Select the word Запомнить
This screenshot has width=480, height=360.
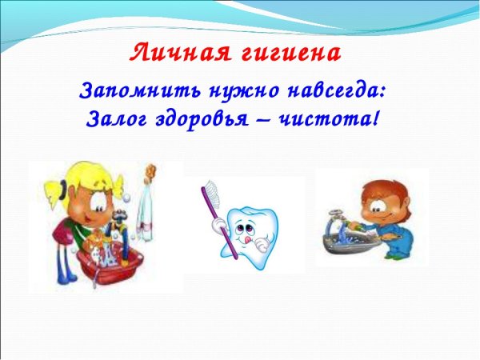point(129,91)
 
